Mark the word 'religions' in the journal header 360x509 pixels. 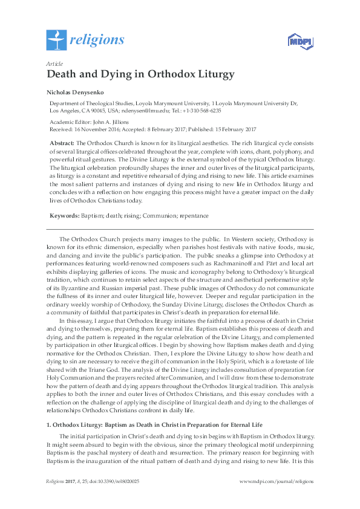[97, 41]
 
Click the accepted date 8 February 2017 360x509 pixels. [169, 129]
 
